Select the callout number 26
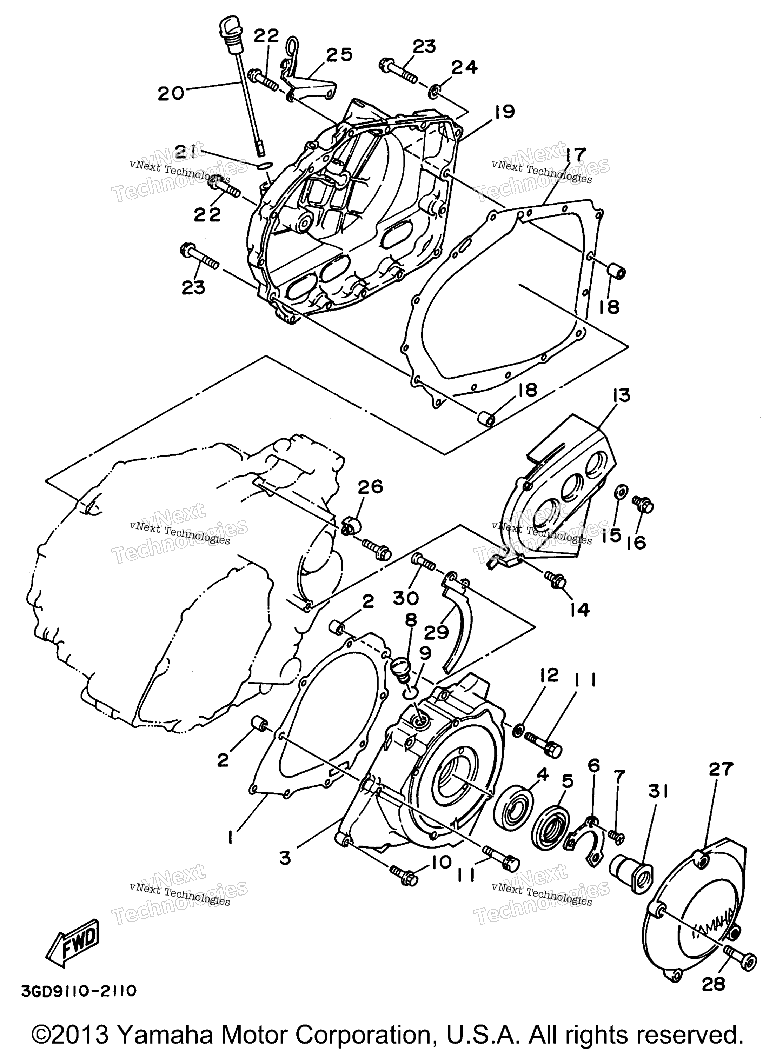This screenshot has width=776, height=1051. (371, 487)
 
